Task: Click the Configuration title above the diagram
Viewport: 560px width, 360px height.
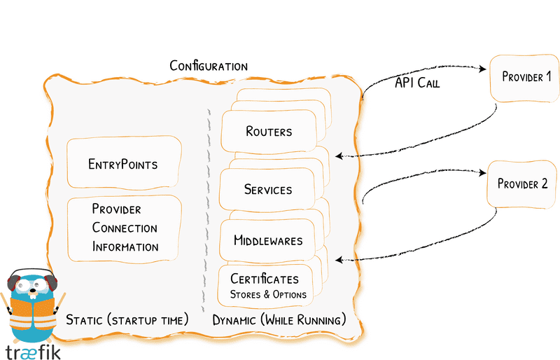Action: pos(209,66)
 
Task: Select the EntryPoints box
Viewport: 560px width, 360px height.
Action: pos(123,165)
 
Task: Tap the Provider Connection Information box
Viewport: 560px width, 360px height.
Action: pos(125,228)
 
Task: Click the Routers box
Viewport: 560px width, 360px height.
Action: pos(269,131)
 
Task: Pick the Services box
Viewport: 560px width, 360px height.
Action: pos(268,189)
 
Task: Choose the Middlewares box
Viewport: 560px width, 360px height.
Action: pos(268,240)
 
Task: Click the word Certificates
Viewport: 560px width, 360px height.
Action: pos(265,279)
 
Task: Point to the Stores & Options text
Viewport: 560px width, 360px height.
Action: pos(268,294)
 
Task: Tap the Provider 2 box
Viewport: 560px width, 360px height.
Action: pos(522,184)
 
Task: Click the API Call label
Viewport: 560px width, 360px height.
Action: pos(417,83)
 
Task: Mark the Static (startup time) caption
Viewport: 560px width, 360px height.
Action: pos(127,320)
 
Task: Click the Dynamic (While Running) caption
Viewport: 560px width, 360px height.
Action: pos(279,320)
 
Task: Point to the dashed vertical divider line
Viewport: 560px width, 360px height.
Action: pos(207,210)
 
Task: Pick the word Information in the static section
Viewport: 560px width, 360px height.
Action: pos(125,247)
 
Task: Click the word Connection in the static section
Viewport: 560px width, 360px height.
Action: pos(125,228)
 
